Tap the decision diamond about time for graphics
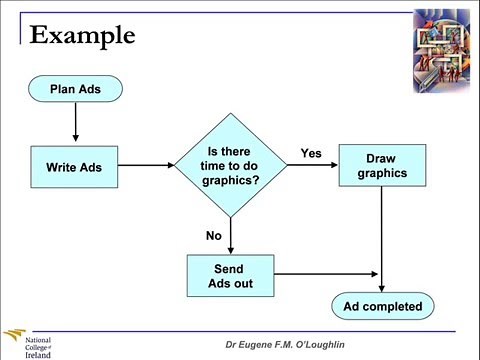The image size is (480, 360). (x=230, y=166)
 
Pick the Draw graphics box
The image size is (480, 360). (x=381, y=165)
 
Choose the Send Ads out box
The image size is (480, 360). (x=230, y=275)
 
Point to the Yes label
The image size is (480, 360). (x=311, y=153)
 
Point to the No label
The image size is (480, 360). (x=213, y=236)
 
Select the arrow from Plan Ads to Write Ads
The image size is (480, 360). (x=76, y=124)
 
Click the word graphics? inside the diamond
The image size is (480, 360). (x=230, y=182)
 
